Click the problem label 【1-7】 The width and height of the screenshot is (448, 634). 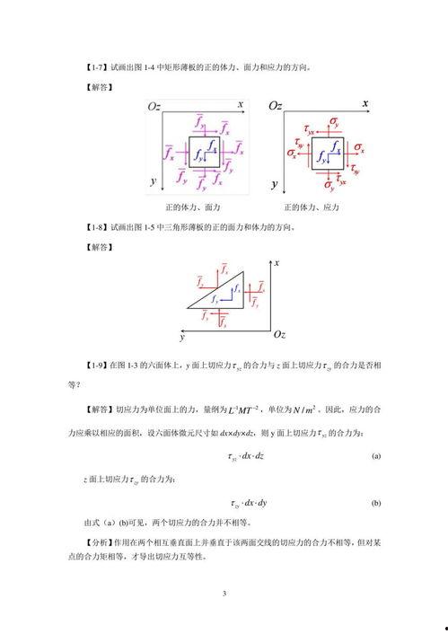point(96,68)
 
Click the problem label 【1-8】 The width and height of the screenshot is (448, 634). point(96,227)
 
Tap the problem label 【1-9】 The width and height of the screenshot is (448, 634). point(96,365)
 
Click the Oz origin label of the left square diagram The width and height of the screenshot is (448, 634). point(154,108)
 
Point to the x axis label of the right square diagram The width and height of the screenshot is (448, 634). point(365,105)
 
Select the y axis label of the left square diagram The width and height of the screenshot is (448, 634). point(154,181)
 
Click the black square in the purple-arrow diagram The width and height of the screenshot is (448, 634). point(203,150)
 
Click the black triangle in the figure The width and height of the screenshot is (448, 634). point(221,297)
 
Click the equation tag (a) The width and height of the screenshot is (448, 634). point(375,456)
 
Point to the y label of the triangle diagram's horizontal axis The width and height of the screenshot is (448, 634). point(181,339)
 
